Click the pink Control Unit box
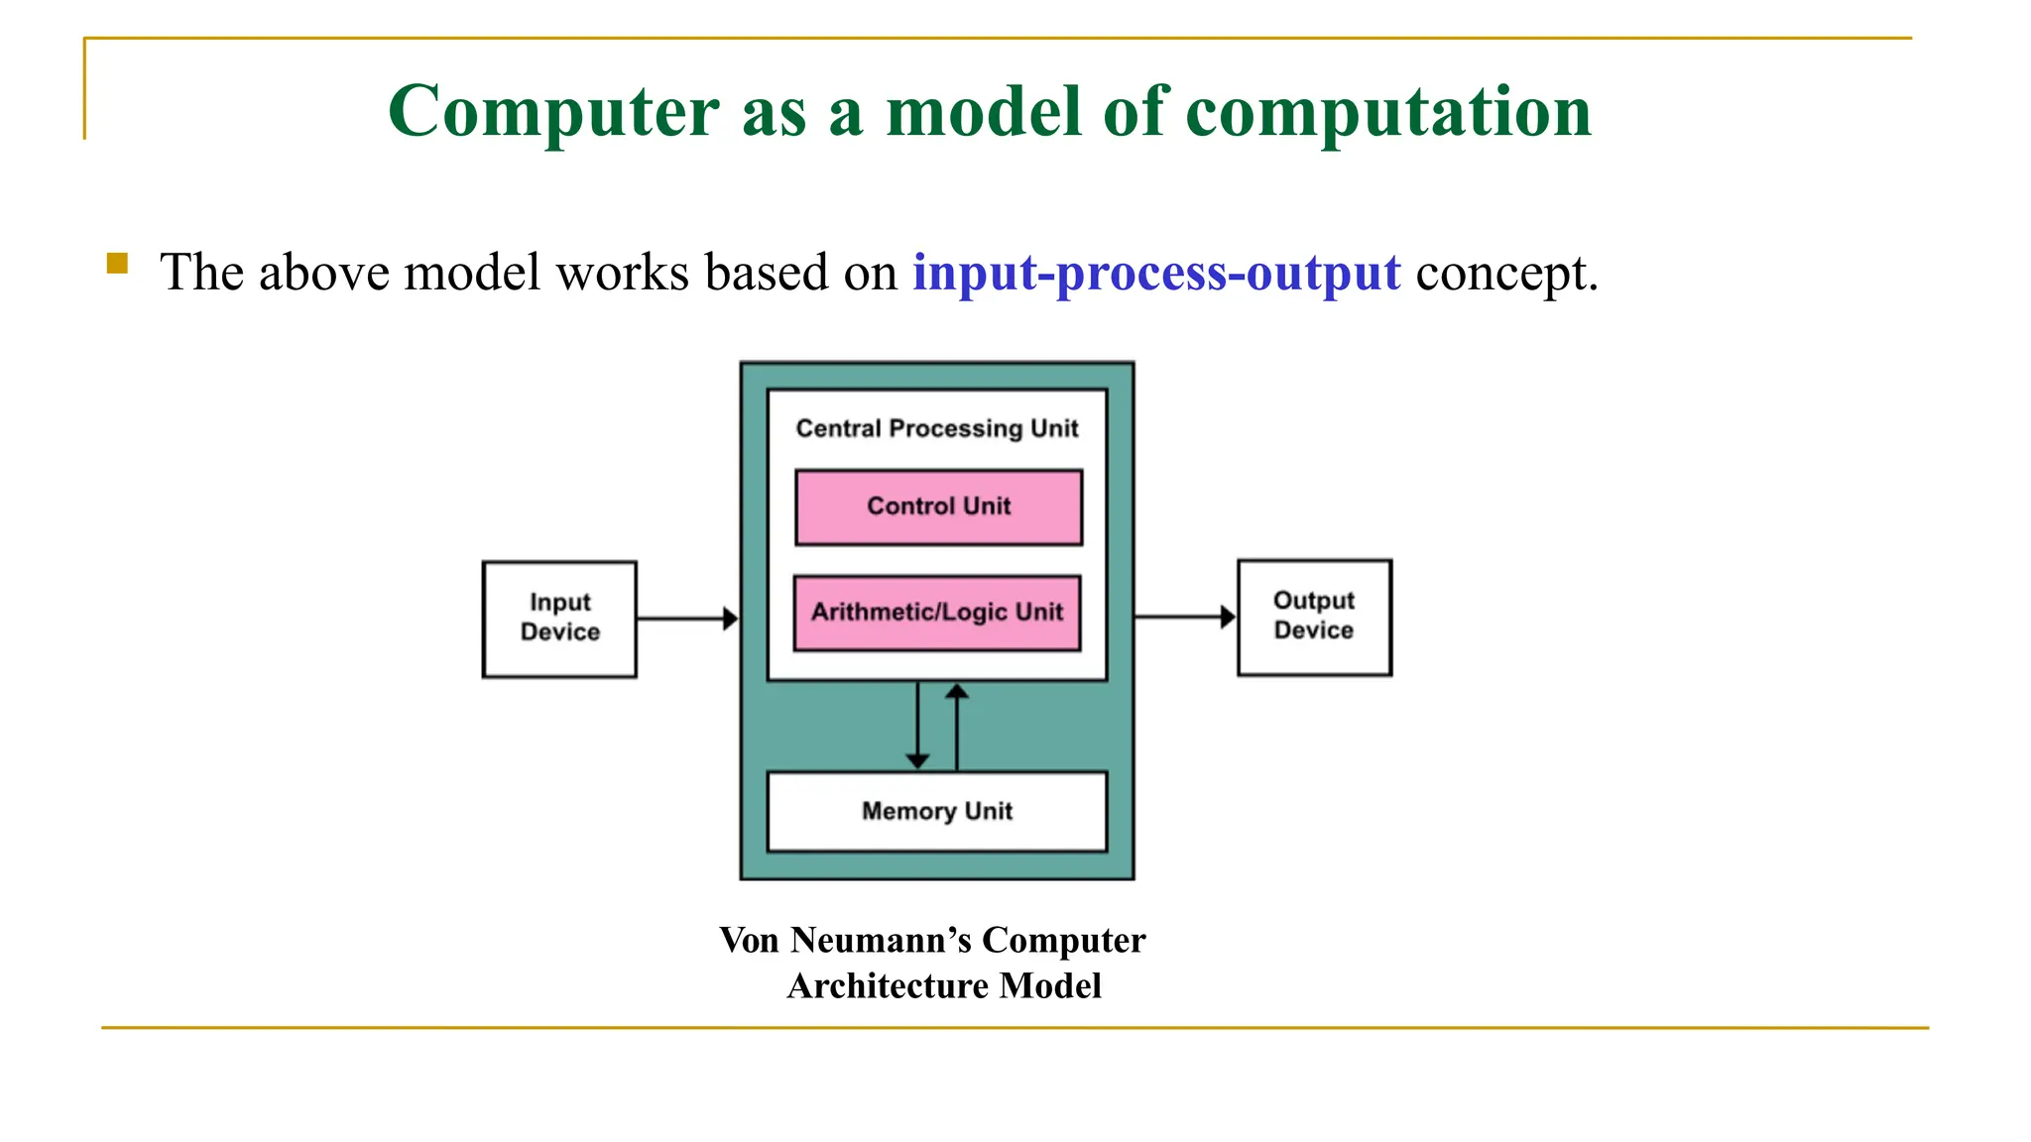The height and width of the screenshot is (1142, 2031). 938,507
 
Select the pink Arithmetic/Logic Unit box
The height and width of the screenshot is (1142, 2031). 937,613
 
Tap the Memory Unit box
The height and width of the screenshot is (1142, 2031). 937,811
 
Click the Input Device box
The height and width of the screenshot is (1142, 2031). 559,619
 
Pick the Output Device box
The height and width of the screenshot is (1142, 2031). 1314,617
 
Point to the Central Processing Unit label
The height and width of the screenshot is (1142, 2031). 937,428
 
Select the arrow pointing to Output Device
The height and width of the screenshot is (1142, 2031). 1184,617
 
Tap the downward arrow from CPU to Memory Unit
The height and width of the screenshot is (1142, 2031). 917,725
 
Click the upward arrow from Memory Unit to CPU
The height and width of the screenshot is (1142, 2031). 957,727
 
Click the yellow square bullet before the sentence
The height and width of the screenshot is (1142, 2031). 117,263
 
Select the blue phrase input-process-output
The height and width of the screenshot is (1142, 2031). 1156,273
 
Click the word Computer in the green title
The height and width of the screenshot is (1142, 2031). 553,111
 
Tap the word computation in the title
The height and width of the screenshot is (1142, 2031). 1388,111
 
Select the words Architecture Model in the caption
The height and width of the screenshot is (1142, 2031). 944,985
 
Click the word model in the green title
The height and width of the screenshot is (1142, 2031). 983,111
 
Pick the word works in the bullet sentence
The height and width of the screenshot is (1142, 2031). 622,273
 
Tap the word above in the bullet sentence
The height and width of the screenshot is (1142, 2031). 324,273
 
